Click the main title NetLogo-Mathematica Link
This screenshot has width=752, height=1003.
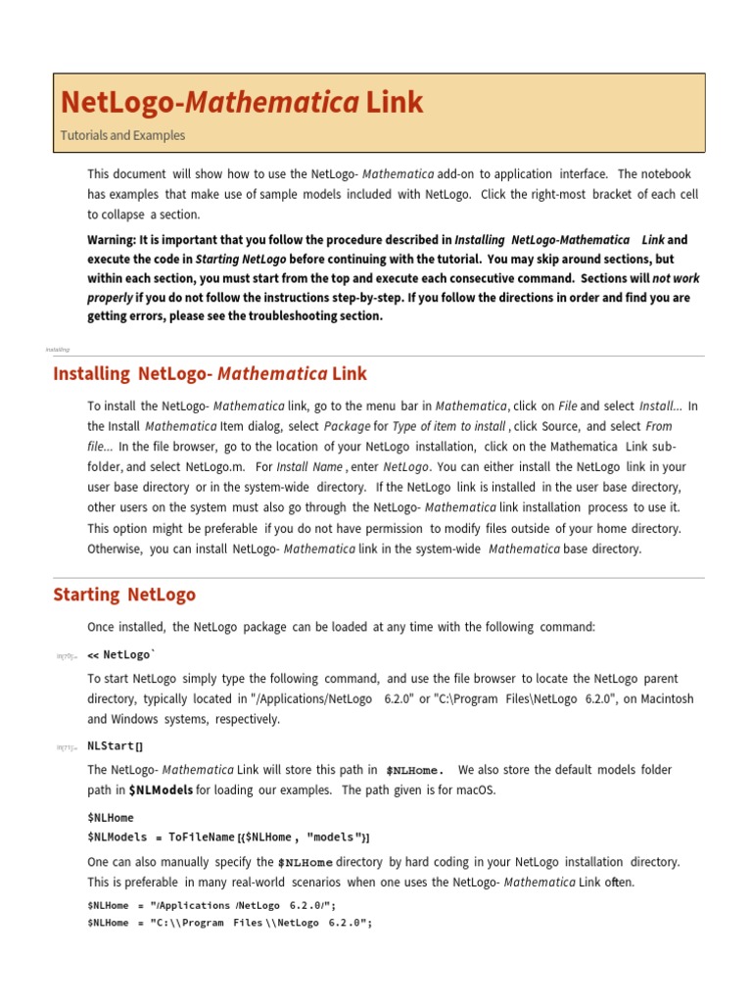point(242,103)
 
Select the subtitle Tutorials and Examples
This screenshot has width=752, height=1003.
point(122,136)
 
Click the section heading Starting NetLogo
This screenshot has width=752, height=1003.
point(124,595)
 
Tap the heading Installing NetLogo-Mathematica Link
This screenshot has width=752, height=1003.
point(210,373)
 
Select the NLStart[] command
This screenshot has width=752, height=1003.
point(115,746)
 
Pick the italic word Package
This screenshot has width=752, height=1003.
point(347,426)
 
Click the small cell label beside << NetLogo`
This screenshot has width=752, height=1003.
point(66,656)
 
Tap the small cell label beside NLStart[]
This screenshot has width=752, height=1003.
point(66,747)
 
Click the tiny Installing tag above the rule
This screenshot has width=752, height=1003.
point(57,349)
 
